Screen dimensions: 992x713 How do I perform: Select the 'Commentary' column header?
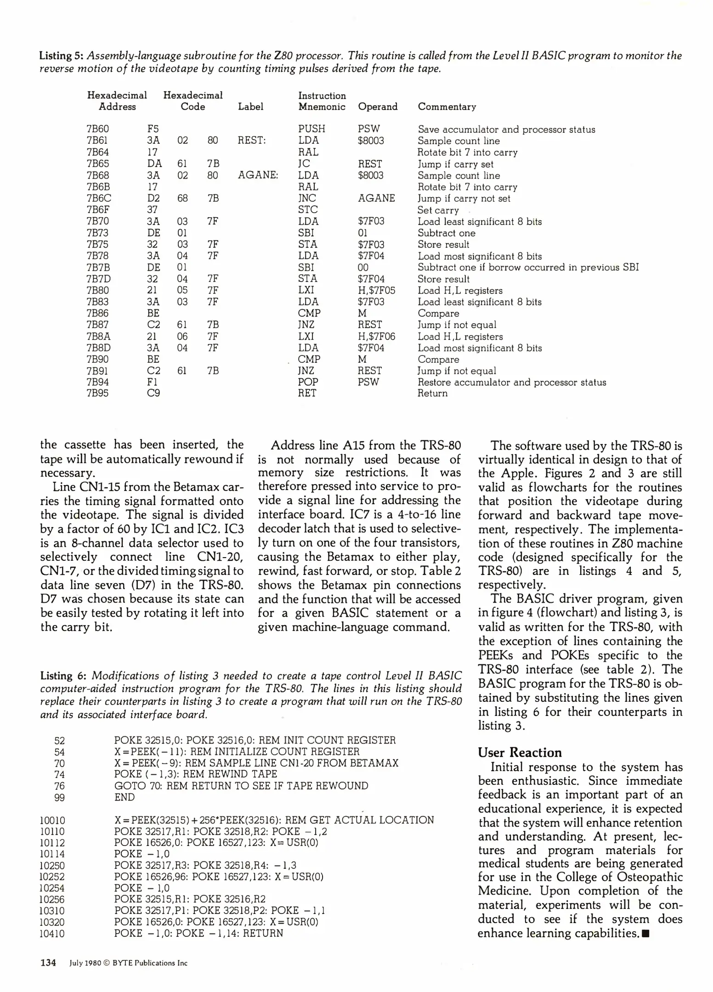point(447,107)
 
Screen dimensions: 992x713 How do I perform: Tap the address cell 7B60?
point(97,129)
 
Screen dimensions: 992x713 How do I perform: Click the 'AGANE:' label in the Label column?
point(258,175)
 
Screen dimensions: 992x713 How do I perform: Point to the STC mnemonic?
point(307,210)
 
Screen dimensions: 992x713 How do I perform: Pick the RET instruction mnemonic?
point(307,393)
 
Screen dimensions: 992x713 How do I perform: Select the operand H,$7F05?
point(376,290)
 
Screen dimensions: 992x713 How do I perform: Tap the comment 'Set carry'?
point(438,210)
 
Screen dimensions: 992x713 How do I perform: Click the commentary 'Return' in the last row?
point(432,393)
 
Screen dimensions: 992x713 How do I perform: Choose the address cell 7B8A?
point(98,336)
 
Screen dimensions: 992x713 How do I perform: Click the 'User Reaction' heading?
point(520,752)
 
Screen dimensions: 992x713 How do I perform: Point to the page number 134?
point(48,963)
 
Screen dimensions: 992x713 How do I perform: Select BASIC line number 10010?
point(52,820)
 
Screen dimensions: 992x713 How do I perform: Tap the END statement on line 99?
point(124,797)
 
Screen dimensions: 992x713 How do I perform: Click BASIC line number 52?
point(60,740)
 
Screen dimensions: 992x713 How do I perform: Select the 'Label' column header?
point(250,107)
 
